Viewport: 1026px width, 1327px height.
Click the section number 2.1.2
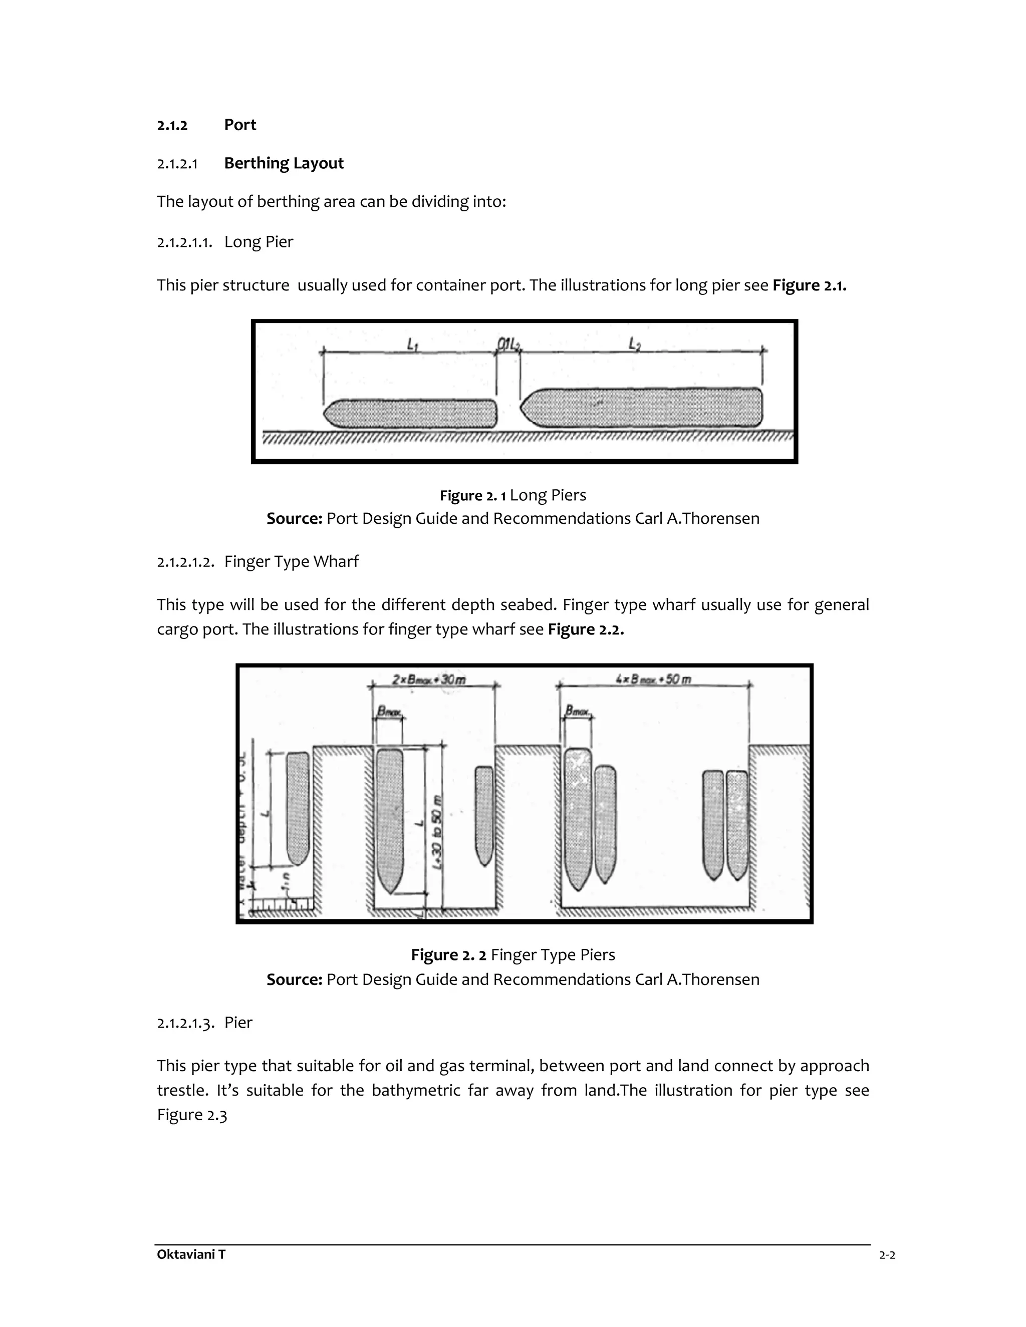point(172,126)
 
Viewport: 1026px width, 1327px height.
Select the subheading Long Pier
point(259,242)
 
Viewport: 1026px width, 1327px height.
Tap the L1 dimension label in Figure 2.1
point(413,345)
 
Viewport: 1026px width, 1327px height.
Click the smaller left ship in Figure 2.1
point(411,414)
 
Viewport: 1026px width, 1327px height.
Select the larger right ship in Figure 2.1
point(642,408)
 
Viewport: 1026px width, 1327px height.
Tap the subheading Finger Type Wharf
point(291,561)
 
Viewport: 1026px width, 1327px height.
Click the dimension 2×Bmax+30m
point(429,680)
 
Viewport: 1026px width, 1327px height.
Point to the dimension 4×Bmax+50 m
point(653,680)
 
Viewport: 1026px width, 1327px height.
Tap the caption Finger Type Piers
point(553,955)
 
